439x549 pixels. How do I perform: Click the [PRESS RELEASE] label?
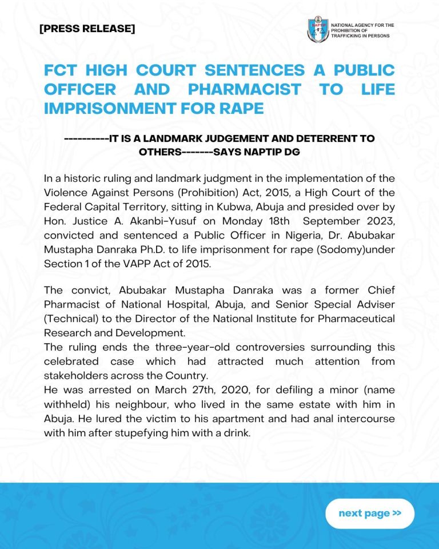(x=87, y=28)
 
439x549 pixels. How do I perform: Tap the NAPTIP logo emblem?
(x=318, y=32)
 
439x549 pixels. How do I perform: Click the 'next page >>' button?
(x=369, y=513)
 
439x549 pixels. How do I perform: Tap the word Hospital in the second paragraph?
(x=199, y=304)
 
